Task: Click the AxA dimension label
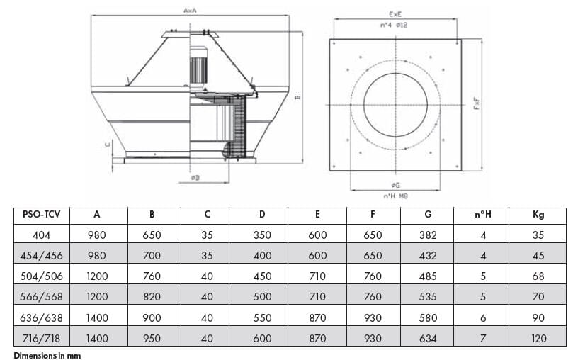click(x=190, y=11)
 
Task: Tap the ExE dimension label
click(x=395, y=15)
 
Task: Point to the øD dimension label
click(x=195, y=178)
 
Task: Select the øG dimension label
click(x=395, y=185)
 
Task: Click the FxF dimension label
click(x=477, y=103)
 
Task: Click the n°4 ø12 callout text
click(x=394, y=25)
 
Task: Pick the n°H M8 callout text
click(x=395, y=196)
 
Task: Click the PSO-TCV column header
click(x=41, y=214)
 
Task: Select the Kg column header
click(x=538, y=215)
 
